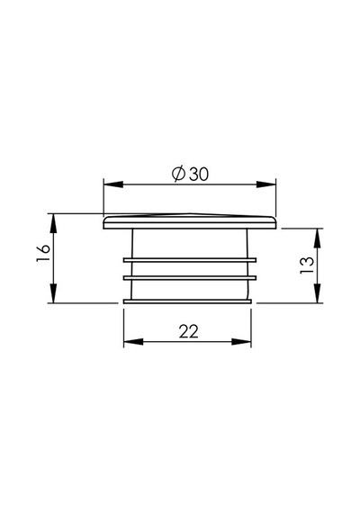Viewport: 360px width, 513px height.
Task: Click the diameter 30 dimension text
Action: point(190,174)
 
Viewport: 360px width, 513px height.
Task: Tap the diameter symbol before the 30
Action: point(179,174)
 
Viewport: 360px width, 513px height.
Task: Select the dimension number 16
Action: point(43,253)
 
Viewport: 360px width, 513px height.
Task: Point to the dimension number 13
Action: point(307,265)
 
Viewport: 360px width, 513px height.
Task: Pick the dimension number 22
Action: point(189,332)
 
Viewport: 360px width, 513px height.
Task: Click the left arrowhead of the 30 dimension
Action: point(113,184)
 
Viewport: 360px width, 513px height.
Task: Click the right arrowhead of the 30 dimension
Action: point(266,184)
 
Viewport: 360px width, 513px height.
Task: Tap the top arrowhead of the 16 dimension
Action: point(54,223)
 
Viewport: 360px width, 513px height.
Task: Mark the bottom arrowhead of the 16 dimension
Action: point(54,293)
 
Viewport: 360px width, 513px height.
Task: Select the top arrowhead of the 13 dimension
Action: point(317,238)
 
